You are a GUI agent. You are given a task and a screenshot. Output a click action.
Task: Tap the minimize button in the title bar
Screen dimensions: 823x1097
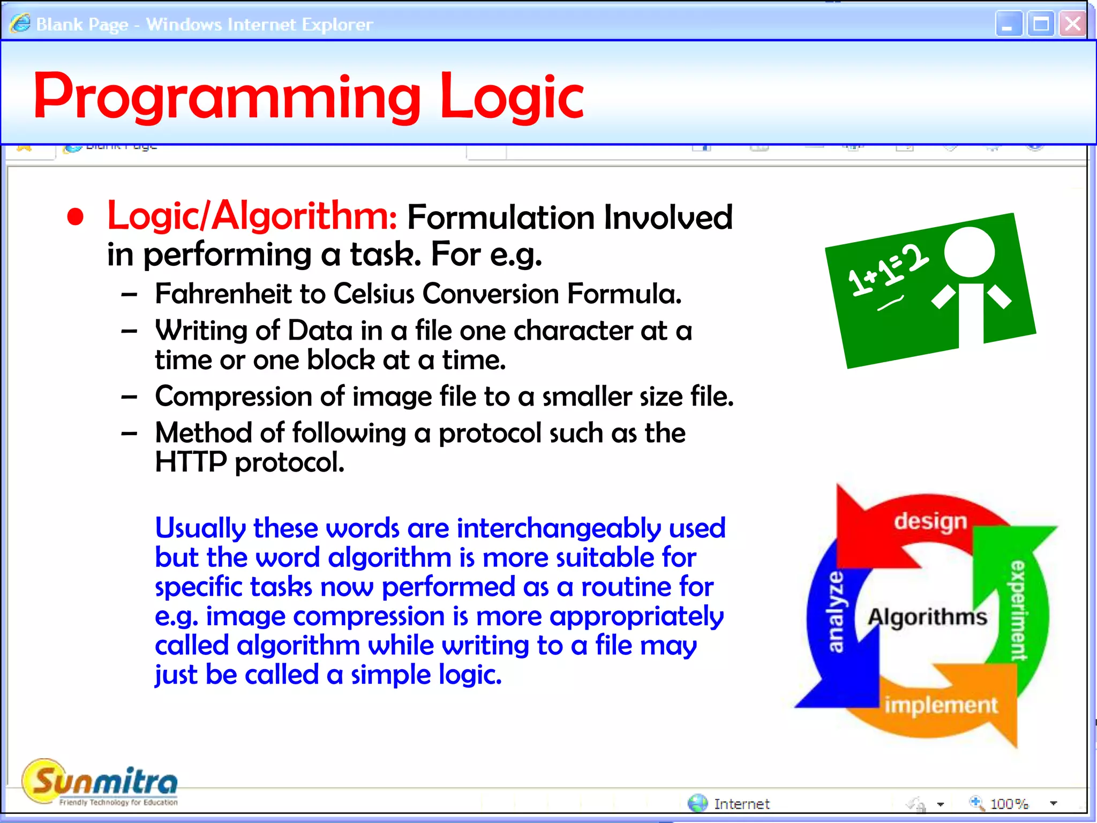pos(1008,24)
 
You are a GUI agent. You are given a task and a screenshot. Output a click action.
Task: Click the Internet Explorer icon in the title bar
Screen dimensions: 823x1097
pos(20,24)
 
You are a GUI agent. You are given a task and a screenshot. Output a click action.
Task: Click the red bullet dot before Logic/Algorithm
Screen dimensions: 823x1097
pos(76,217)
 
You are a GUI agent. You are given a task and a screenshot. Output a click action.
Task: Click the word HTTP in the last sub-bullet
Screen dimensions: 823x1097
pos(191,462)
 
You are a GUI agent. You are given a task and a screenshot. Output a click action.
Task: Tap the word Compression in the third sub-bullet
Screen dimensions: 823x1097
pos(233,396)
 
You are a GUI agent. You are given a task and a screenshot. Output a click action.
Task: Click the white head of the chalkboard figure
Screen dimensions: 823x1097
pos(969,252)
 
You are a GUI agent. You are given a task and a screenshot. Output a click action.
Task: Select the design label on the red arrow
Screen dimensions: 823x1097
pos(930,521)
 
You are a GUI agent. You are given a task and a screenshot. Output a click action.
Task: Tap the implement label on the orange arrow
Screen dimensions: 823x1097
pos(941,705)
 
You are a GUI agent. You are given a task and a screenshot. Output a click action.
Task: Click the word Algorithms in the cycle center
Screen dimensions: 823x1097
pos(927,617)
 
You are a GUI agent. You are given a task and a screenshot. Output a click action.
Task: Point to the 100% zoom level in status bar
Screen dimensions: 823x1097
pos(1009,804)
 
